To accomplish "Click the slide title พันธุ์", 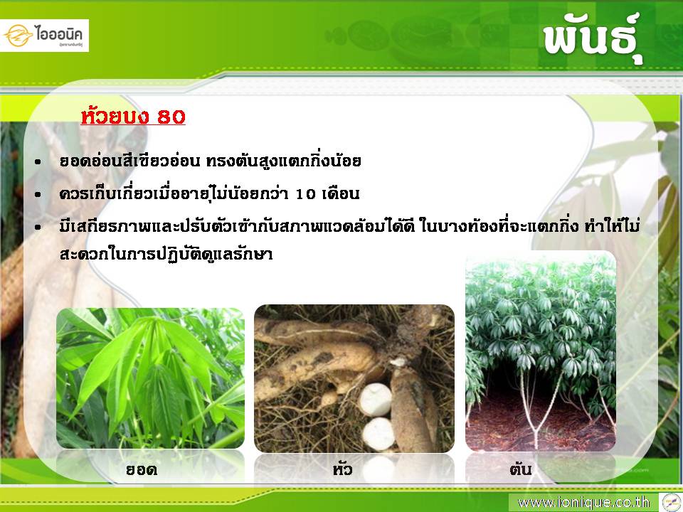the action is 593,40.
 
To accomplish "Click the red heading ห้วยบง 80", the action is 133,116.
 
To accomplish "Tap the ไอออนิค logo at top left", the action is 44,36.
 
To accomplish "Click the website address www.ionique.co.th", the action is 583,503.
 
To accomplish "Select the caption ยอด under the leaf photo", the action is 142,469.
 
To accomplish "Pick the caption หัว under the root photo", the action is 342,469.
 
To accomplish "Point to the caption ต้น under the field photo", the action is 520,469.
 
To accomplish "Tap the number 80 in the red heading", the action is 171,117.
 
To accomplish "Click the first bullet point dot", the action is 38,162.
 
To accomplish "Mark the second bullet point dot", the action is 38,195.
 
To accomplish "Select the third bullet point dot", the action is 38,228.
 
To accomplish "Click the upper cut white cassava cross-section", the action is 375,400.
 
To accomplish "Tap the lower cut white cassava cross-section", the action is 378,434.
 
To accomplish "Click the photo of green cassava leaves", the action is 150,378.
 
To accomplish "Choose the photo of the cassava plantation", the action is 541,351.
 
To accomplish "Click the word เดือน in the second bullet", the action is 341,193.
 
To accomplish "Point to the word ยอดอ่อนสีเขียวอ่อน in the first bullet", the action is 129,161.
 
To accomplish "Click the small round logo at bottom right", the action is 672,502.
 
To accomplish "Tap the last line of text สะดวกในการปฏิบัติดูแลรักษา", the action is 166,253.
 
